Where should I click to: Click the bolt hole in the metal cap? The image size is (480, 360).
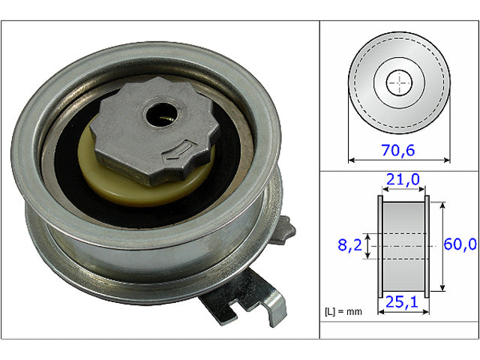159,114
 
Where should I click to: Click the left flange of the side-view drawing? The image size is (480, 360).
380,245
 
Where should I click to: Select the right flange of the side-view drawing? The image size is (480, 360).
427,245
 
